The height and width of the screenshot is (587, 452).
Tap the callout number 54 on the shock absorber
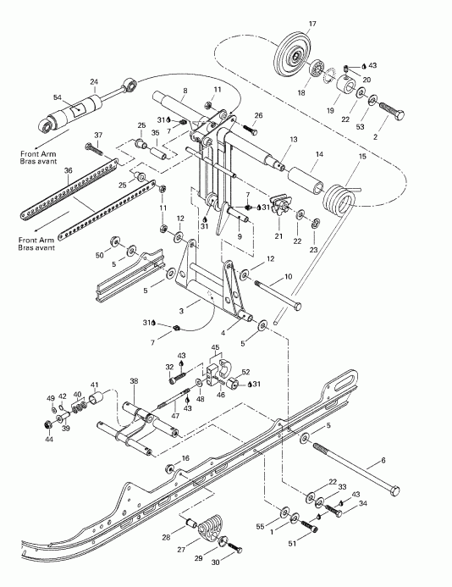[x=58, y=98]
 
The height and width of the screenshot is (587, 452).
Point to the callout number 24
[x=94, y=82]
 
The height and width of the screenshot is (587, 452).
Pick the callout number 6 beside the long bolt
[x=382, y=460]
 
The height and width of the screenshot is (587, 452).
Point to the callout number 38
[x=132, y=382]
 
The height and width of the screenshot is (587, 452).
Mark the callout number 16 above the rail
[x=185, y=458]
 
